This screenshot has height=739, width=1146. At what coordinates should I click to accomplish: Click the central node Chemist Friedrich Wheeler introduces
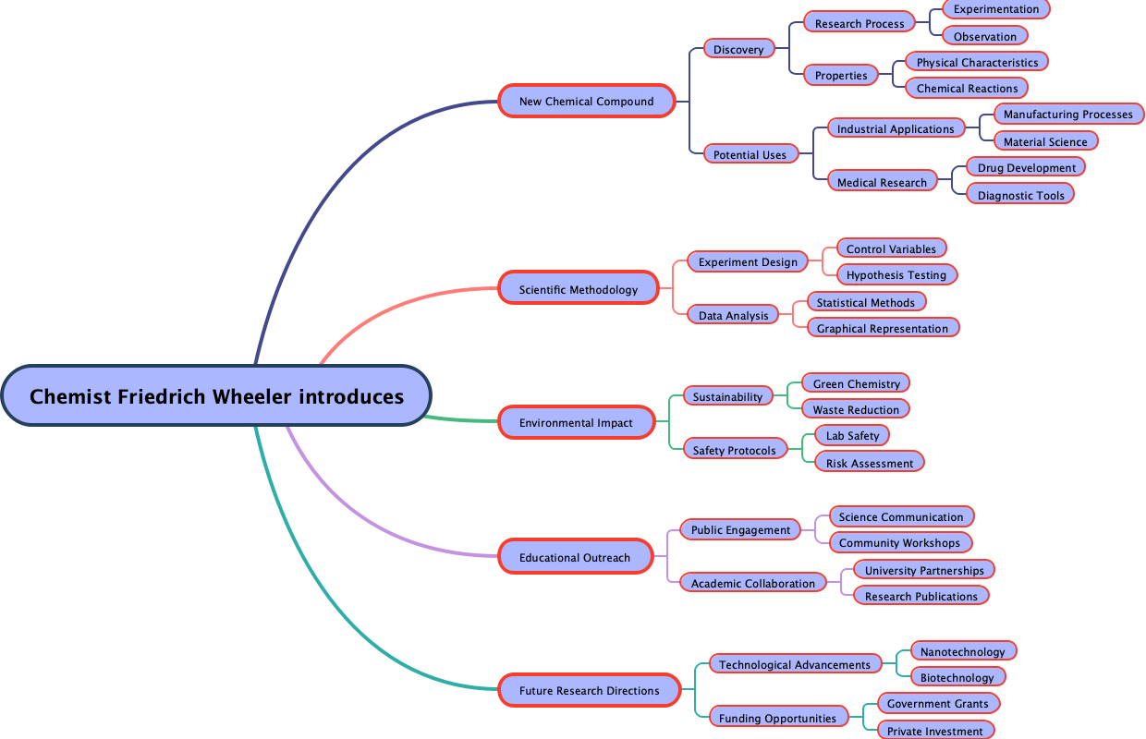pos(216,395)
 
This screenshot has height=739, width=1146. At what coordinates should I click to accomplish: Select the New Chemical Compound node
pos(586,101)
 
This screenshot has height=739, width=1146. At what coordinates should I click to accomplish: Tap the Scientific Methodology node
pos(579,289)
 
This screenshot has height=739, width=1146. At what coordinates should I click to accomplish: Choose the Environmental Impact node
pos(576,422)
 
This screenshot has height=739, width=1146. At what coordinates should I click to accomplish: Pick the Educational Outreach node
pos(575,557)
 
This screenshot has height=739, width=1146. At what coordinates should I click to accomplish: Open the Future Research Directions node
pos(589,690)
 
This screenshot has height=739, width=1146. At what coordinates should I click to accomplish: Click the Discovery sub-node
pos(738,49)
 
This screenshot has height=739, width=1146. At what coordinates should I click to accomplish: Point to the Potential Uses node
pos(750,154)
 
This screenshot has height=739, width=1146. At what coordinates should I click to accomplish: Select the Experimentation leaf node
pos(996,9)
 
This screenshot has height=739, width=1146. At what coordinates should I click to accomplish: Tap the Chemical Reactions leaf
pos(967,88)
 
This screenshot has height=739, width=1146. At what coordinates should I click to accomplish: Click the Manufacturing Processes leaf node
pos(1067,114)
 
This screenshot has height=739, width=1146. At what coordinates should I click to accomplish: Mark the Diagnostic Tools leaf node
pos(1020,195)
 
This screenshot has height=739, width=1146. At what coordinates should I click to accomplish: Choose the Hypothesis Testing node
pos(896,274)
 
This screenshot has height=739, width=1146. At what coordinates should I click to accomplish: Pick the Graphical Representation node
pos(882,328)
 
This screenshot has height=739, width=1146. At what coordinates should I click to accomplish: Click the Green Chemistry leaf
pos(856,383)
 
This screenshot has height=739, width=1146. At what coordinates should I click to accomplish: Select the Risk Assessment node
pos(869,463)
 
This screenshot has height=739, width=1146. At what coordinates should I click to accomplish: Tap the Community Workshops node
pos(900,542)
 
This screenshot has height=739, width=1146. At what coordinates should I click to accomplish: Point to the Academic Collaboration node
pos(752,583)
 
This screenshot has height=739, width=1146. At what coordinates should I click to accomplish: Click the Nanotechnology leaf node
pos(962,651)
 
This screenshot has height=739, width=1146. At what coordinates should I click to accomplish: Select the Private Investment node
pos(934,731)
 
